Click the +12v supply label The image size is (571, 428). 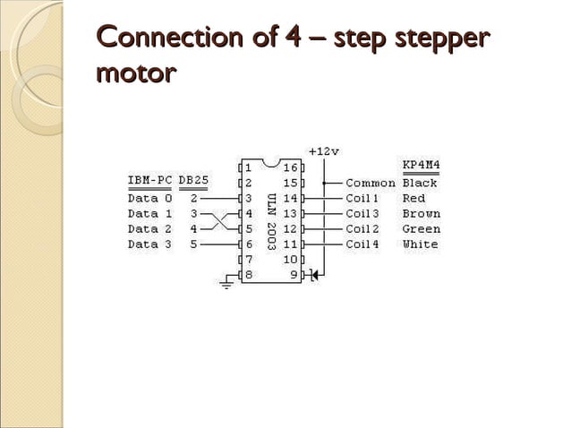323,150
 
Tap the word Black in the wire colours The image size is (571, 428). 420,183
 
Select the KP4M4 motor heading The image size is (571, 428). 421,166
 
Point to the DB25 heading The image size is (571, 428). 194,180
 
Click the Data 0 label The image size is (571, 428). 143,199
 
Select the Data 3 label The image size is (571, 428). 143,244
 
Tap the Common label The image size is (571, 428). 371,183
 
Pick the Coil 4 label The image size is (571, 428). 363,244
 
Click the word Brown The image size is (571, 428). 421,214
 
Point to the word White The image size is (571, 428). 421,244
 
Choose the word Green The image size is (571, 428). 421,229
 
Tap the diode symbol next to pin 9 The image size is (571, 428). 313,275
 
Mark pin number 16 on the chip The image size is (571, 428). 291,167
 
